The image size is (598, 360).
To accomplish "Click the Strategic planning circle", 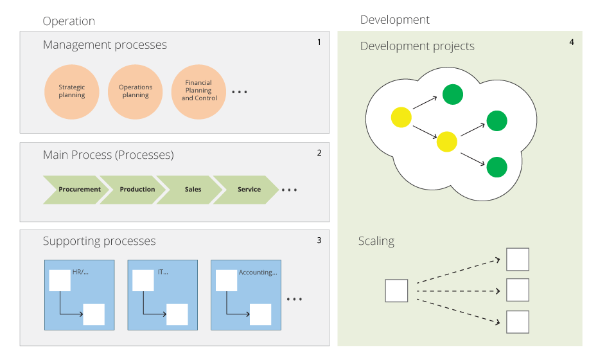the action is coord(72,92).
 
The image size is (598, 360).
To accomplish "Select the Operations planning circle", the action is coord(136,92).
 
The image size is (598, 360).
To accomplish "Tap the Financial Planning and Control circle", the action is coord(198,92).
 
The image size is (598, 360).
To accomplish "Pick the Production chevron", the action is coord(133,190).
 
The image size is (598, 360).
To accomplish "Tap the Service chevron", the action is coord(245,190).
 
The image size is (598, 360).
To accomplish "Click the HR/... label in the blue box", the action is coord(80,272).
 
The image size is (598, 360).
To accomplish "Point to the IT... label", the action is coord(163,272).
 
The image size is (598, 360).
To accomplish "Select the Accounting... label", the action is coord(258,272).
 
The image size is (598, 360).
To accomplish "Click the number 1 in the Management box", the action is coord(319,42).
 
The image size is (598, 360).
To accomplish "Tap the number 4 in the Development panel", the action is coord(572,42).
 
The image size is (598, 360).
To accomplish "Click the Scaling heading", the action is coord(376,241).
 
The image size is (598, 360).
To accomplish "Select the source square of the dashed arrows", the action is coord(397,291).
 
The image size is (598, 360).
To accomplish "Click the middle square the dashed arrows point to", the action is coord(518,290).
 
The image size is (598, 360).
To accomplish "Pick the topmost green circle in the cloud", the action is coord(453,94).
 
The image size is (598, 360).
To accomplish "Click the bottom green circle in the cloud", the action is coord(497,167).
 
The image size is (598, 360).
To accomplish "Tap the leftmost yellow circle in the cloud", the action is coord(401,117).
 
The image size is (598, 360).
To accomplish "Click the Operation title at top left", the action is coord(69,21).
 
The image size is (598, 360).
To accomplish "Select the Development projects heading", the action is coord(418,46).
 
